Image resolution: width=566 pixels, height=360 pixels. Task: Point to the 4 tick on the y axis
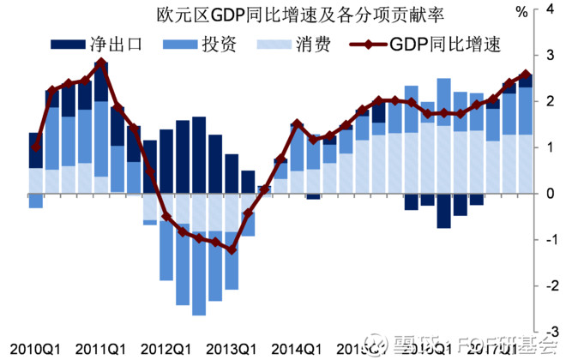tap(549, 10)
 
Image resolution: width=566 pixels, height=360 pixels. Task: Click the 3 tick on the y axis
tap(549, 56)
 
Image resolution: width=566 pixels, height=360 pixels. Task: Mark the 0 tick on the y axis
tap(549, 194)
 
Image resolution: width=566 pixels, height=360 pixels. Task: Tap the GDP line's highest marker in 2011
tap(101, 63)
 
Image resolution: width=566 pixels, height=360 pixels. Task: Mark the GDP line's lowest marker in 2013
tap(232, 249)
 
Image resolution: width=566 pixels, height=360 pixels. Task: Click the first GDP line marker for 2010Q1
tap(35, 147)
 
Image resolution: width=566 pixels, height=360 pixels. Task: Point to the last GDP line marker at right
tap(527, 75)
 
